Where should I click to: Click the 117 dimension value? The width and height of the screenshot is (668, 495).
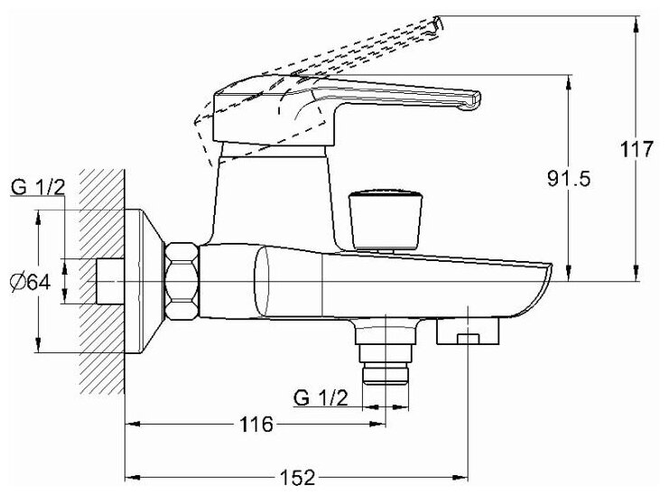point(637,149)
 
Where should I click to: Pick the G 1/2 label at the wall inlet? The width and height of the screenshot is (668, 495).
point(39,188)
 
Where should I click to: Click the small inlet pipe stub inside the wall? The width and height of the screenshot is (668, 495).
point(109,281)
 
